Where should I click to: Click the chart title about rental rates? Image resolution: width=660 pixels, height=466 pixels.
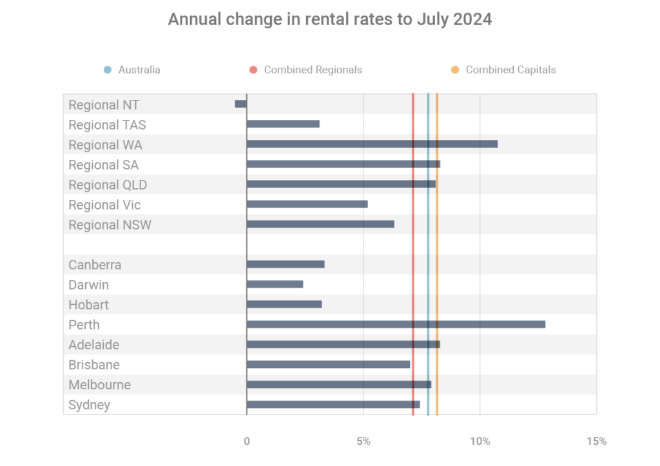329,19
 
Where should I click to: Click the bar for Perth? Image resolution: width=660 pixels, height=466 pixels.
396,324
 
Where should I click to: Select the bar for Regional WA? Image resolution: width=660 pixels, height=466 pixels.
372,144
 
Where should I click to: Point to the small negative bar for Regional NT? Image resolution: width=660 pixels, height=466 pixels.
241,104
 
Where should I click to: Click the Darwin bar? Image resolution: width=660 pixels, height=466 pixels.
275,284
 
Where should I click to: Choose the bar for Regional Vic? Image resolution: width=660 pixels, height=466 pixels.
307,204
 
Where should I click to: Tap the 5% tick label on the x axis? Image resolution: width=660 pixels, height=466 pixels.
364,442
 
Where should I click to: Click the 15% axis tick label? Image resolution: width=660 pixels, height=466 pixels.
596,442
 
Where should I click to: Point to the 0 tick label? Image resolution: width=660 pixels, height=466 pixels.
247,442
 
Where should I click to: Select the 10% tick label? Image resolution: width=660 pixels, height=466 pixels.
480,442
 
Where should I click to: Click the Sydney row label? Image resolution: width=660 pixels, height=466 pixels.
89,405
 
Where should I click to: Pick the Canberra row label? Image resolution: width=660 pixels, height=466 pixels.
95,265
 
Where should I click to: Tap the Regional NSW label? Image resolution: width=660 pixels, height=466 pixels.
110,225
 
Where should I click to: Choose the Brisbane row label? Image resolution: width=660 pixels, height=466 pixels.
94,365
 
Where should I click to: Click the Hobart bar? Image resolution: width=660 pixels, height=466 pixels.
284,304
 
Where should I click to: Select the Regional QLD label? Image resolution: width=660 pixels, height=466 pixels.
108,185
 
